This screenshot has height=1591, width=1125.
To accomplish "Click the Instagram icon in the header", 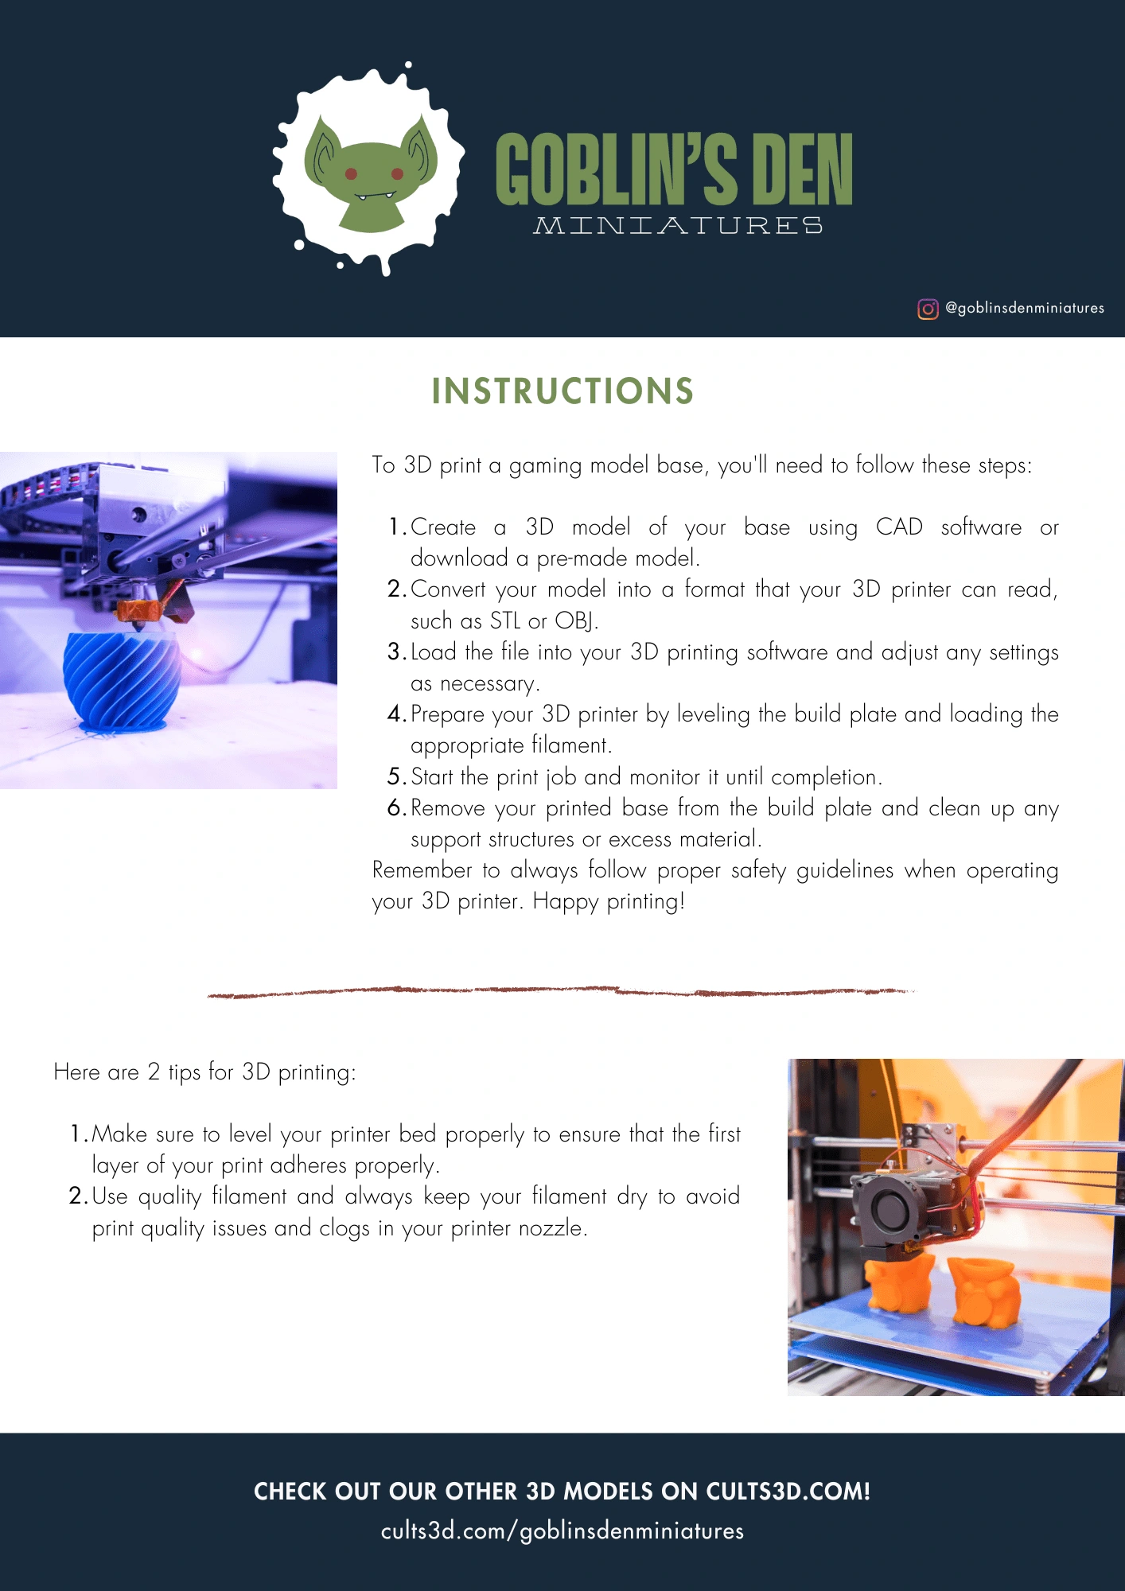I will tap(928, 309).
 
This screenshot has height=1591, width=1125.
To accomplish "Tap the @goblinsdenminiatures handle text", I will tap(1025, 308).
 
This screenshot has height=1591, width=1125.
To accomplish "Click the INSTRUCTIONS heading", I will tap(562, 391).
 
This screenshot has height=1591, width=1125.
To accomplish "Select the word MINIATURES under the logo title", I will tap(678, 226).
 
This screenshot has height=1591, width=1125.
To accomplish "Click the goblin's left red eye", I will tap(351, 174).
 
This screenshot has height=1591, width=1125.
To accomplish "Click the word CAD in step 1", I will tap(899, 527).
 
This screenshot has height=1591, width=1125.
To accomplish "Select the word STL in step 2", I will tap(504, 620).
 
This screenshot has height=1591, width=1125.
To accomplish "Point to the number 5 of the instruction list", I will tap(395, 776).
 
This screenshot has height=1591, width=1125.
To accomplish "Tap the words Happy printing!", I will tap(609, 901).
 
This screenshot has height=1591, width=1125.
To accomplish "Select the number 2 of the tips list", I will tap(76, 1196).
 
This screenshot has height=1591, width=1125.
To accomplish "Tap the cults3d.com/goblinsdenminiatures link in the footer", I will tap(562, 1531).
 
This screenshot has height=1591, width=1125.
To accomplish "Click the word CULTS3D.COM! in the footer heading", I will tap(788, 1492).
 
